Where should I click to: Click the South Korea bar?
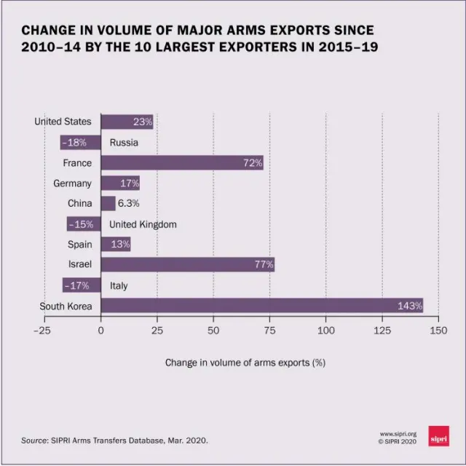coord(262,306)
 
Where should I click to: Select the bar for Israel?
coord(187,264)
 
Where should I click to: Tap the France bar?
coord(182,162)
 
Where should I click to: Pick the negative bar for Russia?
coord(80,142)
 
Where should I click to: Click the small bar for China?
coord(108,203)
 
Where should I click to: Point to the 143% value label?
coord(409,306)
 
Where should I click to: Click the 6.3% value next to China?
coord(129,204)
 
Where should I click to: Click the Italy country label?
coord(119,285)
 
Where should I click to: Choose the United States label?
coord(63,122)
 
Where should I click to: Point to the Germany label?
coord(72,183)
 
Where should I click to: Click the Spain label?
coord(79,245)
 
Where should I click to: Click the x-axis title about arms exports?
coord(245,362)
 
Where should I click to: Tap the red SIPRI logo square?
coord(438,435)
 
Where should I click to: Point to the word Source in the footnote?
coord(34,440)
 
